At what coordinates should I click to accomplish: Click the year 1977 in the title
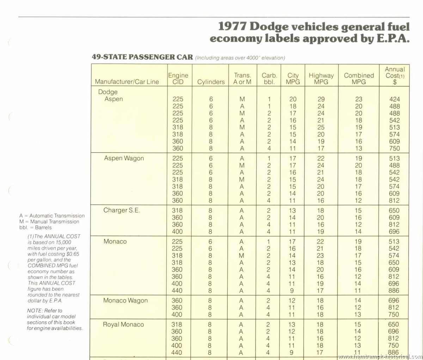tap(232, 26)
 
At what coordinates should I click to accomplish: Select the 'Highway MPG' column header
tap(321, 79)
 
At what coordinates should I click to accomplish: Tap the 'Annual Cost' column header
tap(395, 75)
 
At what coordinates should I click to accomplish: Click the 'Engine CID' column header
tap(178, 79)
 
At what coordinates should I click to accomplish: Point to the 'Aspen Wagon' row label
tap(124, 158)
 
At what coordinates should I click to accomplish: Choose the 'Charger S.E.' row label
tap(122, 210)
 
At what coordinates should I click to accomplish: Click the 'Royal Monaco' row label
tap(123, 324)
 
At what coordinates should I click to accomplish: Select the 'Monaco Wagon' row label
tap(125, 300)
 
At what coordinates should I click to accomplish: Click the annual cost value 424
tap(394, 99)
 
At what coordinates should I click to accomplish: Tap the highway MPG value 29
tap(321, 99)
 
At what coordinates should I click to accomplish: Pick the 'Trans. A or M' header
tap(242, 79)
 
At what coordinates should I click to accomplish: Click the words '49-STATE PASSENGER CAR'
tap(142, 57)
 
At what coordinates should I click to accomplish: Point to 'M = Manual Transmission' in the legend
tap(49, 222)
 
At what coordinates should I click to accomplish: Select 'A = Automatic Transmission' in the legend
tap(52, 216)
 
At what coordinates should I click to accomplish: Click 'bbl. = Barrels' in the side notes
tap(35, 228)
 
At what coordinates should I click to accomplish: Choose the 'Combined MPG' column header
tap(359, 79)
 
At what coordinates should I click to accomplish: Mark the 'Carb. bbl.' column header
tap(269, 79)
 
